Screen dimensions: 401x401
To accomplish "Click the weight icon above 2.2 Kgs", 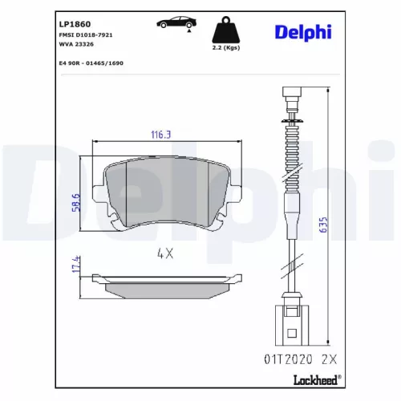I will (224, 32).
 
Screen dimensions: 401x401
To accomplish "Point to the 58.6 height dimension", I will (74, 196).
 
